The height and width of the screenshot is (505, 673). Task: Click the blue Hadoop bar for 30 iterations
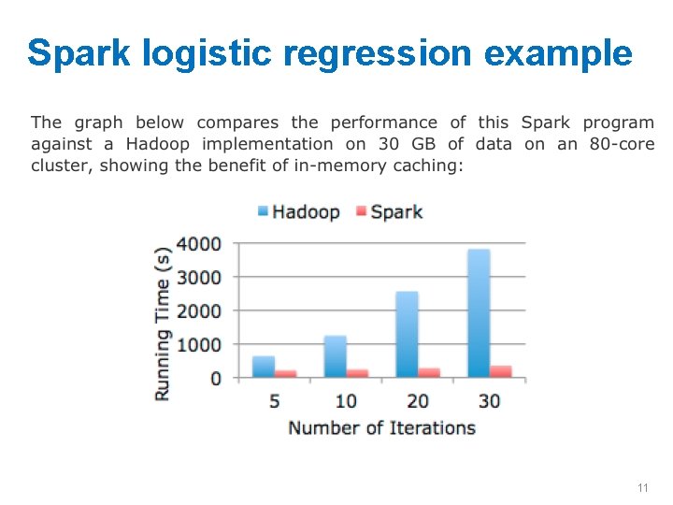pyautogui.click(x=478, y=313)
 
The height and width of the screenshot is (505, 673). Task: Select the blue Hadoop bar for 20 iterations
pyautogui.click(x=407, y=335)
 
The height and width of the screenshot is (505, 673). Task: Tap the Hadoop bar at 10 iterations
pyautogui.click(x=336, y=356)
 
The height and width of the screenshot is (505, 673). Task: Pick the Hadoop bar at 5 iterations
pyautogui.click(x=264, y=367)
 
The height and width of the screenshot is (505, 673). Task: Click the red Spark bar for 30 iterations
pyautogui.click(x=501, y=371)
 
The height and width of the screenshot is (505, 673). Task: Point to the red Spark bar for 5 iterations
pyautogui.click(x=286, y=373)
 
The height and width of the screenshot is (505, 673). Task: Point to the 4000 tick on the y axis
pyautogui.click(x=199, y=244)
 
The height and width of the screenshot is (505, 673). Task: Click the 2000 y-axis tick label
pyautogui.click(x=199, y=310)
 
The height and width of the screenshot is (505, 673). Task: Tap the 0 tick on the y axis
pyautogui.click(x=216, y=378)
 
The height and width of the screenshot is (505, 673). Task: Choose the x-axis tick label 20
pyautogui.click(x=418, y=400)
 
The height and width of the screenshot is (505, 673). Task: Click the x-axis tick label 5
pyautogui.click(x=275, y=400)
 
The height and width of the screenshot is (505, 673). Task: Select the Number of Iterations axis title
pyautogui.click(x=381, y=427)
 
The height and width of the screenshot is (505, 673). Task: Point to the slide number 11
pyautogui.click(x=642, y=488)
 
